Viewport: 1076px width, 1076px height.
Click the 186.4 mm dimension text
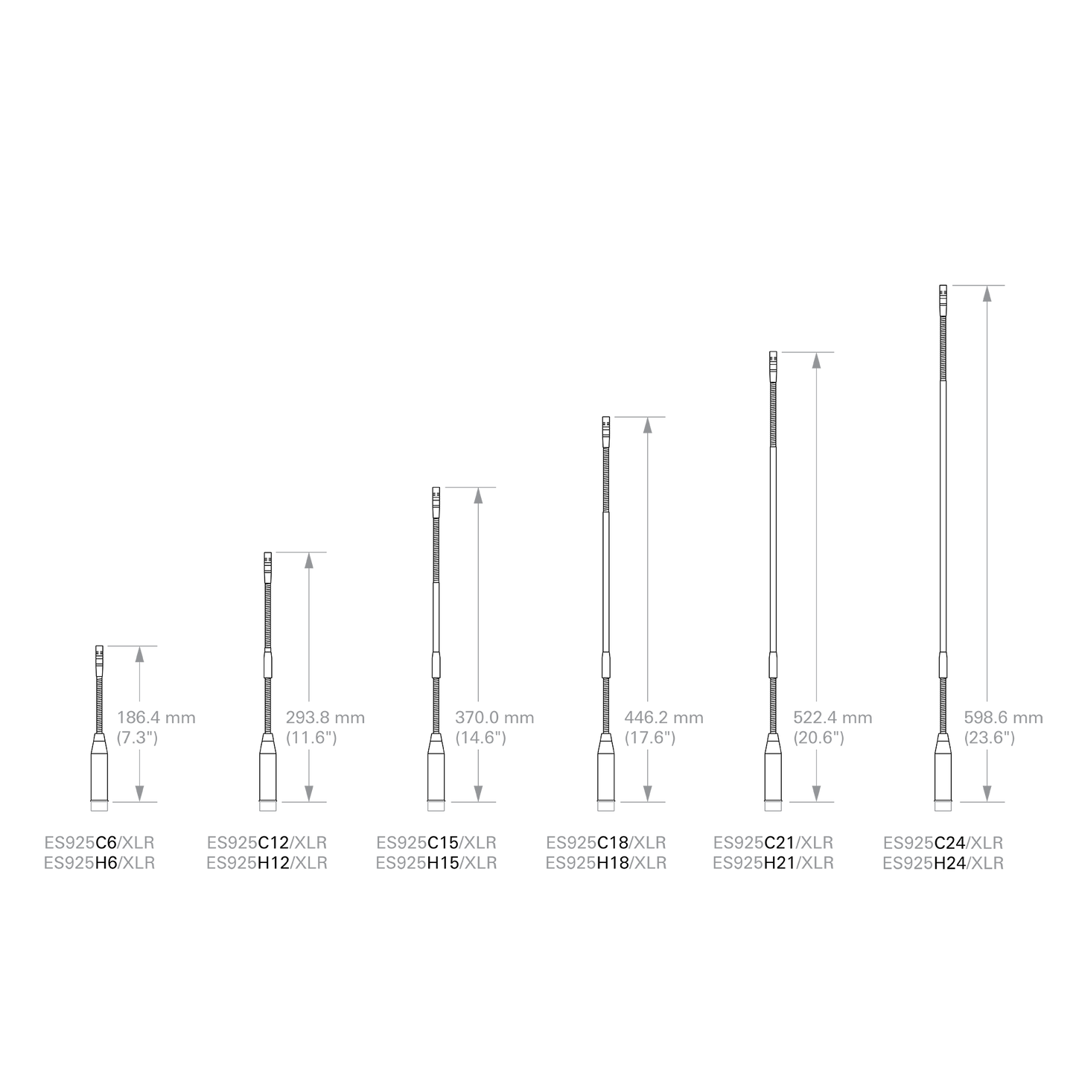156,718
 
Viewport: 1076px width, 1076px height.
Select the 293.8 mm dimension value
325,718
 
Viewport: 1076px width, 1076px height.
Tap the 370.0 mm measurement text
494,718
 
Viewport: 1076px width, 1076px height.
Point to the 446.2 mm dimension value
664,718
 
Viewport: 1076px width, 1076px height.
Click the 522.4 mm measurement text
833,718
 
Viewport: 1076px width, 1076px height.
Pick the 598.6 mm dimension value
1004,718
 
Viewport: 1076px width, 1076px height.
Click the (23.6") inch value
990,738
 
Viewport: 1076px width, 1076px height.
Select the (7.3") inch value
137,738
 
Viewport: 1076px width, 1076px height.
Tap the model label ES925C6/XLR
99,843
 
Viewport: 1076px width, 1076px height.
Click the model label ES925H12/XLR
267,863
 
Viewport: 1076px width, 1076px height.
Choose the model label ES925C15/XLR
436,843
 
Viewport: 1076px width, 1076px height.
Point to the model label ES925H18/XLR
606,863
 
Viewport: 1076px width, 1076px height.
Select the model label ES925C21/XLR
774,843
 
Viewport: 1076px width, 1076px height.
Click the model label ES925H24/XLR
943,863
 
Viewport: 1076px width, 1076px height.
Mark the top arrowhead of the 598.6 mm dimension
987,293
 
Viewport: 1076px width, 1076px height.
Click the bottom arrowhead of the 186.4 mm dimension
139,794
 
